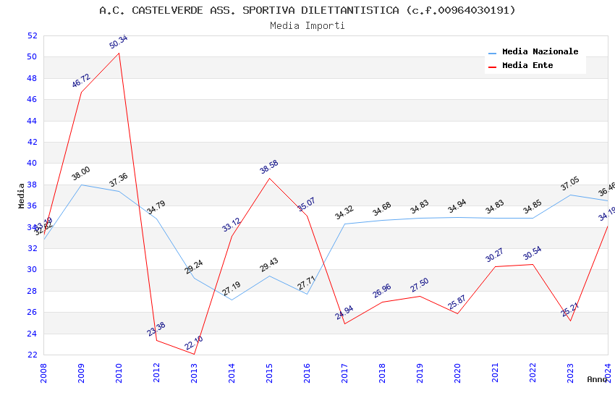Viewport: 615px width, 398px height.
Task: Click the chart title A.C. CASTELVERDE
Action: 307,10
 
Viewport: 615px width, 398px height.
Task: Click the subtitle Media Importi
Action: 307,25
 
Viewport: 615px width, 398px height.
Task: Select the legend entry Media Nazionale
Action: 540,51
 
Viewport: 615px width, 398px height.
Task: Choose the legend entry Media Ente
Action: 527,65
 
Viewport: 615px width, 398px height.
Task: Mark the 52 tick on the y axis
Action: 31,35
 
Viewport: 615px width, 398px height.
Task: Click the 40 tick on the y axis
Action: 31,164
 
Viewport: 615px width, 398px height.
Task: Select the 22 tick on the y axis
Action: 31,355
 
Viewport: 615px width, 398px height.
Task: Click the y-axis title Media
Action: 22,195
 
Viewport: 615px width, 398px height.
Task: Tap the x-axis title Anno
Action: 597,379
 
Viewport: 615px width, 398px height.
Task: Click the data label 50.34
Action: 119,42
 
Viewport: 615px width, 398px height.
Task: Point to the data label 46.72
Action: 81,80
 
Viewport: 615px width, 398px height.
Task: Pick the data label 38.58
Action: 269,167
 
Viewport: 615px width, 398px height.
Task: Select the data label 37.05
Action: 570,184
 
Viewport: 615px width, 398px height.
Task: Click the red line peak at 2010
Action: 119,53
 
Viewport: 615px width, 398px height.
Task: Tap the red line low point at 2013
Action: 195,354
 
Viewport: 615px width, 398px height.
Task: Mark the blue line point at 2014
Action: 232,300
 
